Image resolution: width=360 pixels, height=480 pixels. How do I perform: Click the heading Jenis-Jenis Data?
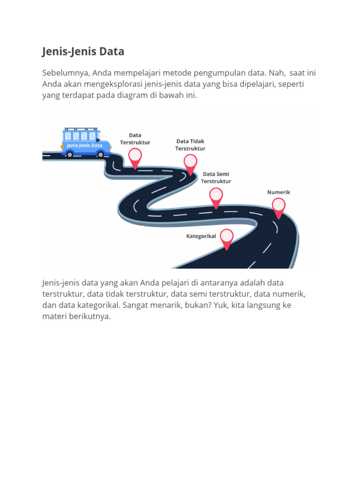[x=83, y=52]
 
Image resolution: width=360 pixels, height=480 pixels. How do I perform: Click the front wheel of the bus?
[x=103, y=154]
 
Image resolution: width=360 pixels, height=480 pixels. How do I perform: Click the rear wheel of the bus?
[x=70, y=154]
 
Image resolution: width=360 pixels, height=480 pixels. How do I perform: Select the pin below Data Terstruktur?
[x=135, y=157]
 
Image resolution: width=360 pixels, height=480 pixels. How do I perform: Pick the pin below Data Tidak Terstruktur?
[x=190, y=163]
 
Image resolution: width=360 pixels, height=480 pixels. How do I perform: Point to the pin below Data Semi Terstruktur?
[x=216, y=196]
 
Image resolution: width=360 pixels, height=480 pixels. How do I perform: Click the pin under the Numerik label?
[x=278, y=207]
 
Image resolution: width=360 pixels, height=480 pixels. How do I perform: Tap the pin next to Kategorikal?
[x=226, y=238]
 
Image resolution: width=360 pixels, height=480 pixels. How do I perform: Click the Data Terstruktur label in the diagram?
[x=135, y=139]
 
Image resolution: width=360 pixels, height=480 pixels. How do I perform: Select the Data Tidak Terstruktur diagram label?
[x=190, y=145]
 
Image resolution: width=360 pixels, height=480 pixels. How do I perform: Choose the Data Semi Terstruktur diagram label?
[x=216, y=177]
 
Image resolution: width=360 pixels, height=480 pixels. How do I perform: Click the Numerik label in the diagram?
[x=279, y=192]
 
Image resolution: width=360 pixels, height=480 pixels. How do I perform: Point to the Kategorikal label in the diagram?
[x=201, y=236]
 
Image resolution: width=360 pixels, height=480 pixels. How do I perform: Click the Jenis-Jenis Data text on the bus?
[x=84, y=145]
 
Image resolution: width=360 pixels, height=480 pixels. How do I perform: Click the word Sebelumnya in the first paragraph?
[x=64, y=73]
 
